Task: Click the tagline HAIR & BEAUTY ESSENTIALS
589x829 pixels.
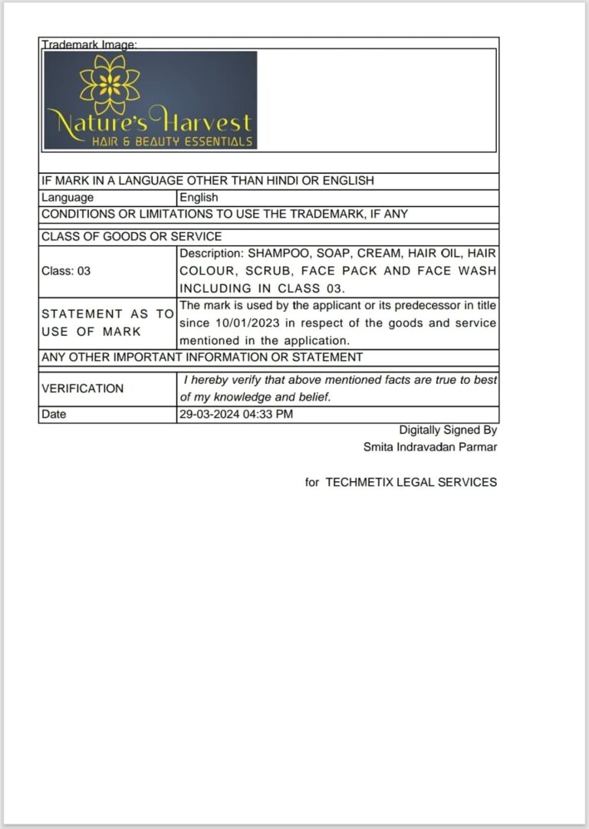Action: point(172,142)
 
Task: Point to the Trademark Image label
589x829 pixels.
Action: point(89,45)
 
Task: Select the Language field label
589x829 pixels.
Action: point(67,198)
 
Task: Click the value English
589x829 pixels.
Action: point(199,198)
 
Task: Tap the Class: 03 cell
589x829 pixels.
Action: point(66,270)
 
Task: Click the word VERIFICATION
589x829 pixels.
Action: point(82,388)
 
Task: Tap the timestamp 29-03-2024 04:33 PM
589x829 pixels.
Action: point(236,414)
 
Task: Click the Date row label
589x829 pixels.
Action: point(54,414)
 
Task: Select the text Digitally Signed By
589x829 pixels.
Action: point(448,431)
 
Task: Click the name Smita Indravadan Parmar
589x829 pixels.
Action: point(430,447)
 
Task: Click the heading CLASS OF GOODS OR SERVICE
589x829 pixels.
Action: point(131,237)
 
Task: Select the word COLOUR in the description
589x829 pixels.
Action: point(207,270)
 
